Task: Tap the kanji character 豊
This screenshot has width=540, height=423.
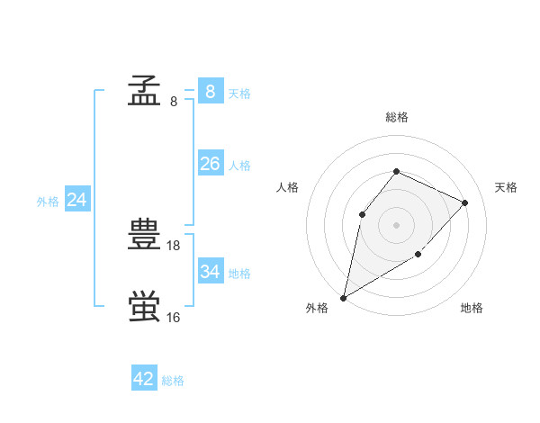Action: point(145,235)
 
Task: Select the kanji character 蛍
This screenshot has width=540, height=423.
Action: point(145,306)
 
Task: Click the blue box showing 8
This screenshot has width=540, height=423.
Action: point(210,91)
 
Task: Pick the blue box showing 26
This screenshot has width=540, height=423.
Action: point(210,164)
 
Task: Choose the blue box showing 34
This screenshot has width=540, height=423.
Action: point(210,271)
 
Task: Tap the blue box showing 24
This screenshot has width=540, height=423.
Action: point(76,200)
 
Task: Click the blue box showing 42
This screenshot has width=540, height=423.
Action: point(144,379)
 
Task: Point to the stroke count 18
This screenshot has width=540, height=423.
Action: point(175,245)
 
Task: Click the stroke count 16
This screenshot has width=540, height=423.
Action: point(174,317)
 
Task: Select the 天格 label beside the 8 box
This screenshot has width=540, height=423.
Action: point(239,93)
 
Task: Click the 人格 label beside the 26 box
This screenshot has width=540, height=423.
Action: point(239,166)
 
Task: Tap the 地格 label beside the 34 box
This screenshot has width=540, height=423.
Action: point(239,273)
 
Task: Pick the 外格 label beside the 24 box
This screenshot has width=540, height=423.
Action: point(48,202)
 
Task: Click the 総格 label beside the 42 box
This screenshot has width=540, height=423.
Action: point(173,381)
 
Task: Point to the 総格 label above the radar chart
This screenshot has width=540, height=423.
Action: point(396,117)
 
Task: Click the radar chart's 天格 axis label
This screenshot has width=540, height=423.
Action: point(506,187)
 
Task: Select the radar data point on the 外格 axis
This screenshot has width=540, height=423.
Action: point(343,297)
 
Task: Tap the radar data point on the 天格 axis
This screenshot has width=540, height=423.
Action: point(464,202)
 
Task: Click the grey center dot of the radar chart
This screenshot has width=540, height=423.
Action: point(396,224)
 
